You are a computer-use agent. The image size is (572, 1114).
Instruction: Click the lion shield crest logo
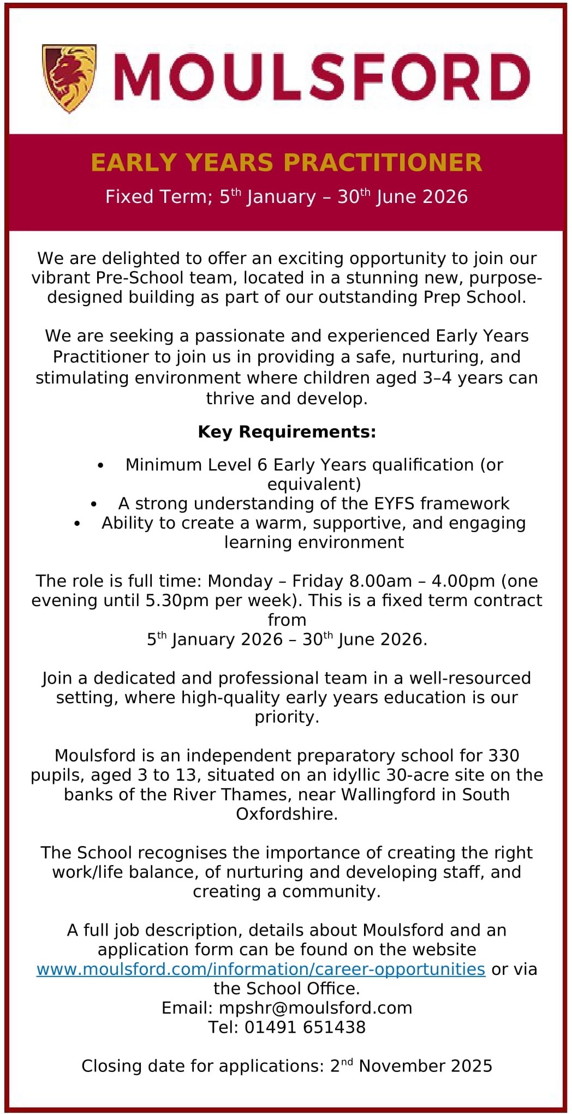click(69, 78)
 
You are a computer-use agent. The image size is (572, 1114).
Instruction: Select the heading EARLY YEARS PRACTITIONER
click(287, 163)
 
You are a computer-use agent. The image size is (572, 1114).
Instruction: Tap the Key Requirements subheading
click(287, 432)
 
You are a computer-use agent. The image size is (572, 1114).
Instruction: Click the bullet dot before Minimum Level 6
click(100, 465)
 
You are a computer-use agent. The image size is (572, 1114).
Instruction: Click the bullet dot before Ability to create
click(78, 523)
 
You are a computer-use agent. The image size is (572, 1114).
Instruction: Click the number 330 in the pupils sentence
click(503, 755)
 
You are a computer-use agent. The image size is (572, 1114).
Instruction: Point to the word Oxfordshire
click(287, 813)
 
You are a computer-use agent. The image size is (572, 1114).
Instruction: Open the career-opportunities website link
click(260, 969)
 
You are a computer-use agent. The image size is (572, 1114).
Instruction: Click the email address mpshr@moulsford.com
click(315, 1008)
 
